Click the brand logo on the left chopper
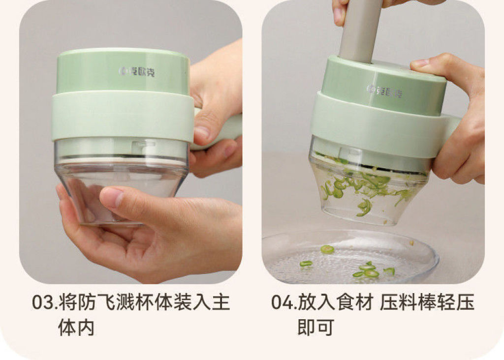point(136,72)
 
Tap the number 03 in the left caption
point(43,302)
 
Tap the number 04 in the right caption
point(283,302)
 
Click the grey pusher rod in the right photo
point(360,30)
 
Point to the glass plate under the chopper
point(350,257)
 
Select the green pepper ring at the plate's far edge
point(327,249)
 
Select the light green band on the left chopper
point(123,116)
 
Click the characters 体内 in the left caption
point(76,328)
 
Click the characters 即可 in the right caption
point(315,328)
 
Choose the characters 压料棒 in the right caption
point(408,302)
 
